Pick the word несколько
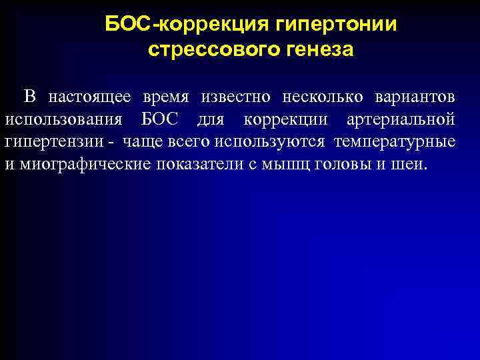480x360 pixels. point(323,97)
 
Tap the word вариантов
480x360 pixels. point(415,97)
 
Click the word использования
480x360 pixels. point(63,120)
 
